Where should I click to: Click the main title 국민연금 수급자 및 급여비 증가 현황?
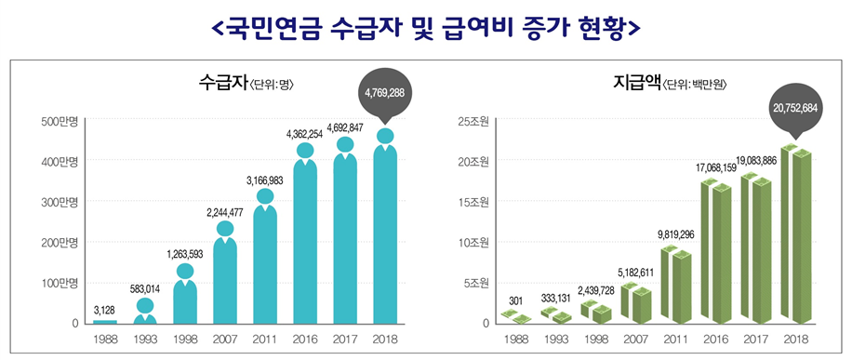point(426,28)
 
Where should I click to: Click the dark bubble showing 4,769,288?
point(384,94)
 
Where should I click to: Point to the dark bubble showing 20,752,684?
point(794,109)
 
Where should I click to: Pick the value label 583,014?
point(145,289)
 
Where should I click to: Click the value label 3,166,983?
point(264,180)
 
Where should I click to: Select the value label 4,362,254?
point(304,134)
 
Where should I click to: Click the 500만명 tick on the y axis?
point(60,121)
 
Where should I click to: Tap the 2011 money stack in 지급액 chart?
point(676,284)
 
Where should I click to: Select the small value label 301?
point(516,300)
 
